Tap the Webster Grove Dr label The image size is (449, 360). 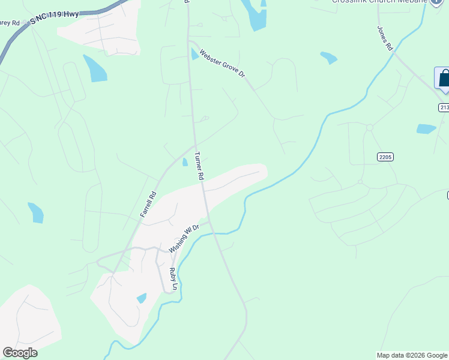pos(223,63)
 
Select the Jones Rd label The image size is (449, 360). pos(385,37)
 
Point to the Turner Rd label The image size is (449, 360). pos(199,166)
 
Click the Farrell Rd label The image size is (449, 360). pos(148,204)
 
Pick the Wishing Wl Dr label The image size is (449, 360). pos(184,237)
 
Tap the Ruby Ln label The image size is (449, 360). pos(173,280)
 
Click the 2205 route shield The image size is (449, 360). pos(385,157)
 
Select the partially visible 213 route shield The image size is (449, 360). pos(444,107)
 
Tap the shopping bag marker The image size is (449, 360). pos(444,79)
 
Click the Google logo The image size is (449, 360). pos(20,353)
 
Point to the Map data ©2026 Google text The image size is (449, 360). pos(412,355)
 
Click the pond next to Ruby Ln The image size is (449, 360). pos(142,298)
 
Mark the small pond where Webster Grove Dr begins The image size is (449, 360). pos(194,54)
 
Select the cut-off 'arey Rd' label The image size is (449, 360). pos(10,23)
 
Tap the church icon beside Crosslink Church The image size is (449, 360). pos(437,2)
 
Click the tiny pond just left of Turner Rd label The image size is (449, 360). pos(185,162)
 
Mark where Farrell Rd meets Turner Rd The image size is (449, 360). pos(194,146)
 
